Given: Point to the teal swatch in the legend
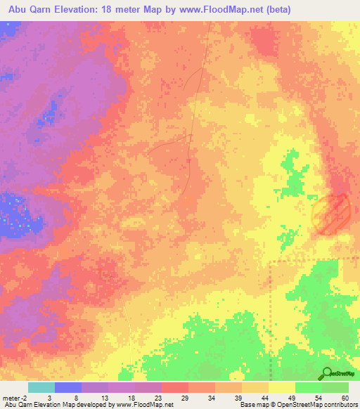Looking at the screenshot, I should tap(41, 387).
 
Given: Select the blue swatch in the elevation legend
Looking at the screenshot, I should tap(68, 387).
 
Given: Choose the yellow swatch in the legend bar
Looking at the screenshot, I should tap(282, 387).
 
